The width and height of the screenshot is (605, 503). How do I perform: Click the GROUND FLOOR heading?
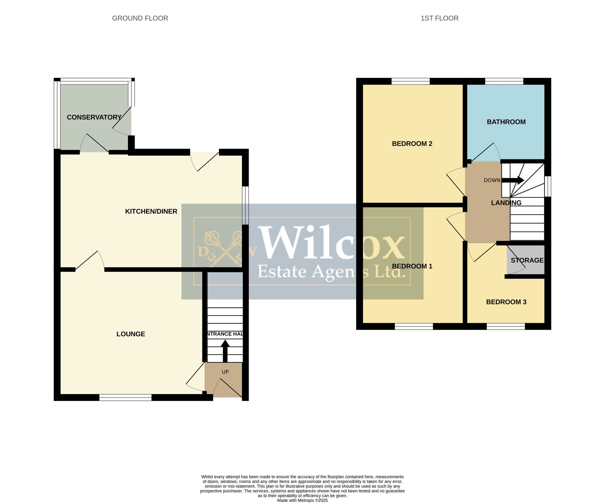click(x=140, y=18)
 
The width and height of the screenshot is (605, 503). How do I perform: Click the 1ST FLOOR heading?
click(x=440, y=18)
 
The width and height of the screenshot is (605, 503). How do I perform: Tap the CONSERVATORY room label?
click(x=94, y=117)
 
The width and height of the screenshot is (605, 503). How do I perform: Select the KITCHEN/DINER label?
click(x=151, y=211)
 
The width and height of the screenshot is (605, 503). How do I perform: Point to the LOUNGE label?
click(x=131, y=334)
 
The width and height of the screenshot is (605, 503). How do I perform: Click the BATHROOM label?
click(x=506, y=122)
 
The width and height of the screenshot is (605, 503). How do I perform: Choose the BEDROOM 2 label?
click(x=412, y=144)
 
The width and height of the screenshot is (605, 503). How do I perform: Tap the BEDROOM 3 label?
click(x=506, y=302)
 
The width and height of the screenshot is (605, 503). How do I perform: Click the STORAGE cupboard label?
click(x=527, y=260)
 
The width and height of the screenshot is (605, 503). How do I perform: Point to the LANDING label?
click(x=506, y=203)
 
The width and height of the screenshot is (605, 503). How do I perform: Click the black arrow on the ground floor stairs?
click(x=225, y=351)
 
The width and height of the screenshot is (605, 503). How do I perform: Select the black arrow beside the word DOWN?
click(x=513, y=180)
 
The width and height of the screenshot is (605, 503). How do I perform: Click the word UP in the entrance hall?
click(x=225, y=372)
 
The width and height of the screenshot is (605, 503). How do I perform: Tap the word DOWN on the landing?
click(x=492, y=180)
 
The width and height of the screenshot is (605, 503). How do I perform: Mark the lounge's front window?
click(x=125, y=397)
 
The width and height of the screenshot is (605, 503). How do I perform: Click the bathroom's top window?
click(x=504, y=81)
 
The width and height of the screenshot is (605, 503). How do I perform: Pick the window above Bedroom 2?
click(x=410, y=81)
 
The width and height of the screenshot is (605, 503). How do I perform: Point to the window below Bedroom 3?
click(x=506, y=326)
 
